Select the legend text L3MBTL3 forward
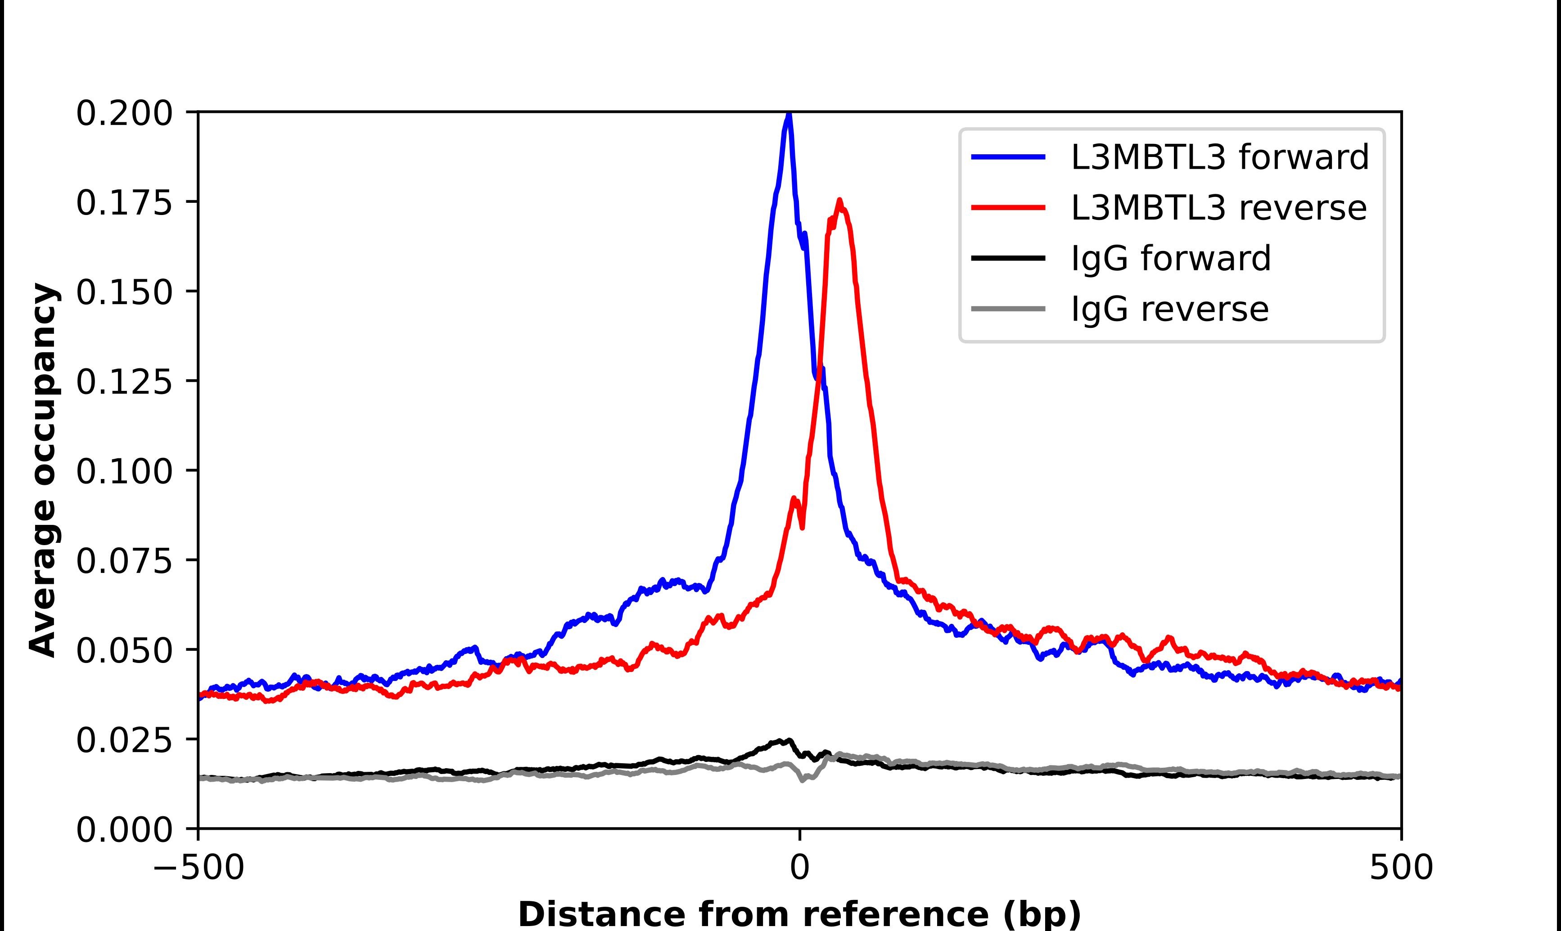(x=1219, y=157)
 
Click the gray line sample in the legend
(x=1008, y=309)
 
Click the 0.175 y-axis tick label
(x=124, y=203)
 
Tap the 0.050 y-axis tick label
(x=124, y=650)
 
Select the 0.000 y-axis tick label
(x=124, y=829)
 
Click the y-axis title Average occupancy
(x=44, y=470)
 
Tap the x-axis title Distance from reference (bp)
(x=799, y=913)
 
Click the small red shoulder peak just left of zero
(x=794, y=499)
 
